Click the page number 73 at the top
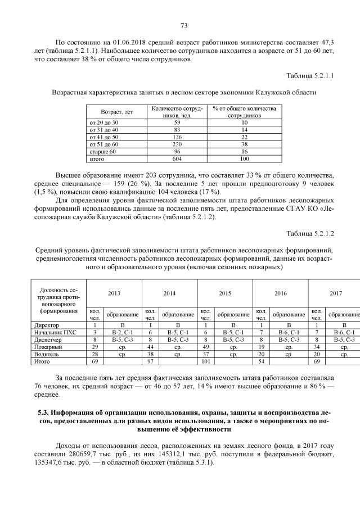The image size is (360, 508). [183, 25]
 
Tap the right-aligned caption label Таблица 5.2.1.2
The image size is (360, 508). [310, 233]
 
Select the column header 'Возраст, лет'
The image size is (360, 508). [116, 112]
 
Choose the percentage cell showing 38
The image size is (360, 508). [244, 144]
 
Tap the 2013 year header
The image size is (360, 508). [114, 293]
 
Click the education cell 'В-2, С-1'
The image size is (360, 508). [122, 332]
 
